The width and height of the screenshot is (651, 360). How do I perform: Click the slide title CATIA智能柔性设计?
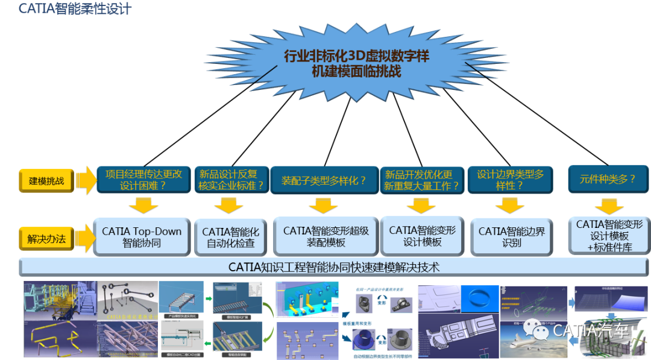66,9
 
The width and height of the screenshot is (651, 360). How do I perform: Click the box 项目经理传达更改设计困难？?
143,180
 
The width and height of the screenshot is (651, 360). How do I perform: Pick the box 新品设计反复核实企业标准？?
231,180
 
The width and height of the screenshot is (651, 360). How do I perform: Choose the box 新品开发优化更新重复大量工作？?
422,180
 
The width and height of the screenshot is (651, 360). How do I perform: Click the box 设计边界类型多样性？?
510,180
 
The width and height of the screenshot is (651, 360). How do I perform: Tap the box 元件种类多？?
608,179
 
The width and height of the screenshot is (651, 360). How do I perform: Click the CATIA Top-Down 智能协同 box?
142,238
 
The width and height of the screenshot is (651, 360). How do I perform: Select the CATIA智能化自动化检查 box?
231,238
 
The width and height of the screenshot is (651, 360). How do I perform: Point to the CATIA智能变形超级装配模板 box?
325,236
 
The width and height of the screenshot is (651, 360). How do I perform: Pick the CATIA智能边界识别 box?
508,237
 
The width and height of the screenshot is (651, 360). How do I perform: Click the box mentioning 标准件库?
609,236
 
